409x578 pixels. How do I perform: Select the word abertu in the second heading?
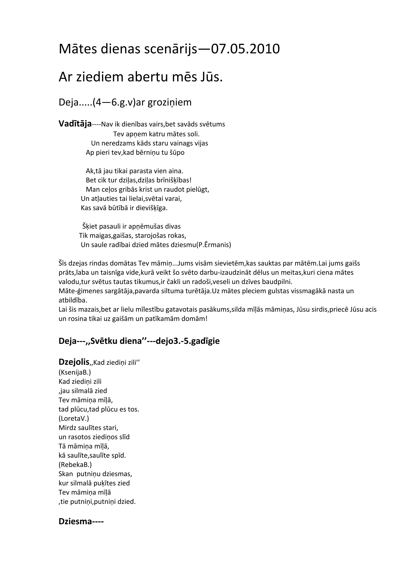(x=147, y=77)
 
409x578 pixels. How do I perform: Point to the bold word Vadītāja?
(x=75, y=124)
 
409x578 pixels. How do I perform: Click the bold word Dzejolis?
(x=74, y=362)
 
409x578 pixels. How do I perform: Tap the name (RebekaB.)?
(x=75, y=465)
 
